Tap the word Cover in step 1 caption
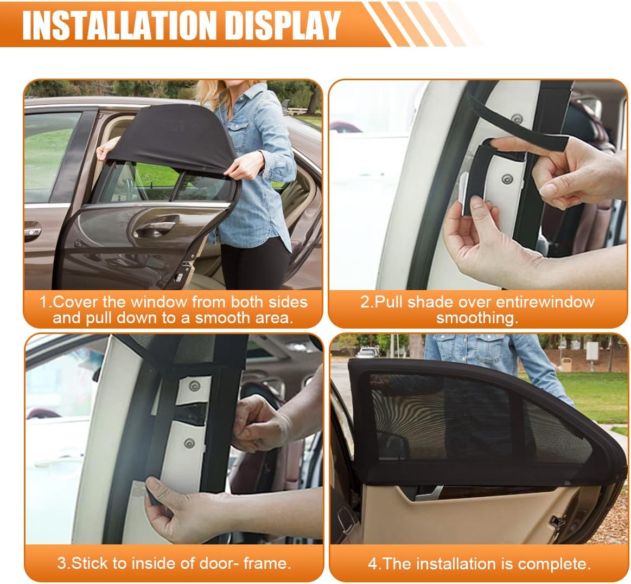tap(75, 301)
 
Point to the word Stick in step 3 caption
tap(90, 563)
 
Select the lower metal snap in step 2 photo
tap(507, 179)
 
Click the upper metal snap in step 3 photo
tap(195, 386)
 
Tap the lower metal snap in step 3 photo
tap(189, 444)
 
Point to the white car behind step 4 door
tap(367, 353)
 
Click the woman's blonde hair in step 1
tap(213, 94)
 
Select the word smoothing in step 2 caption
tap(477, 318)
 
